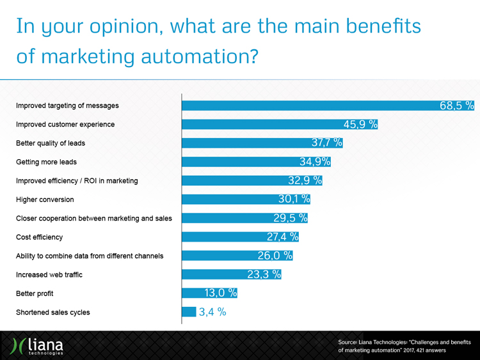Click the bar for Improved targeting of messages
[x=307, y=106]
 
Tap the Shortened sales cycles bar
[x=189, y=313]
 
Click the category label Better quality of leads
[x=51, y=143]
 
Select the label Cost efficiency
[x=39, y=237]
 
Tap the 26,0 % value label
[x=275, y=256]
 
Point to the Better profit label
[x=35, y=294]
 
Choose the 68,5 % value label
[x=456, y=106]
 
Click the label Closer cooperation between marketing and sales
[x=93, y=219]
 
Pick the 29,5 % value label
[x=290, y=218]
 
